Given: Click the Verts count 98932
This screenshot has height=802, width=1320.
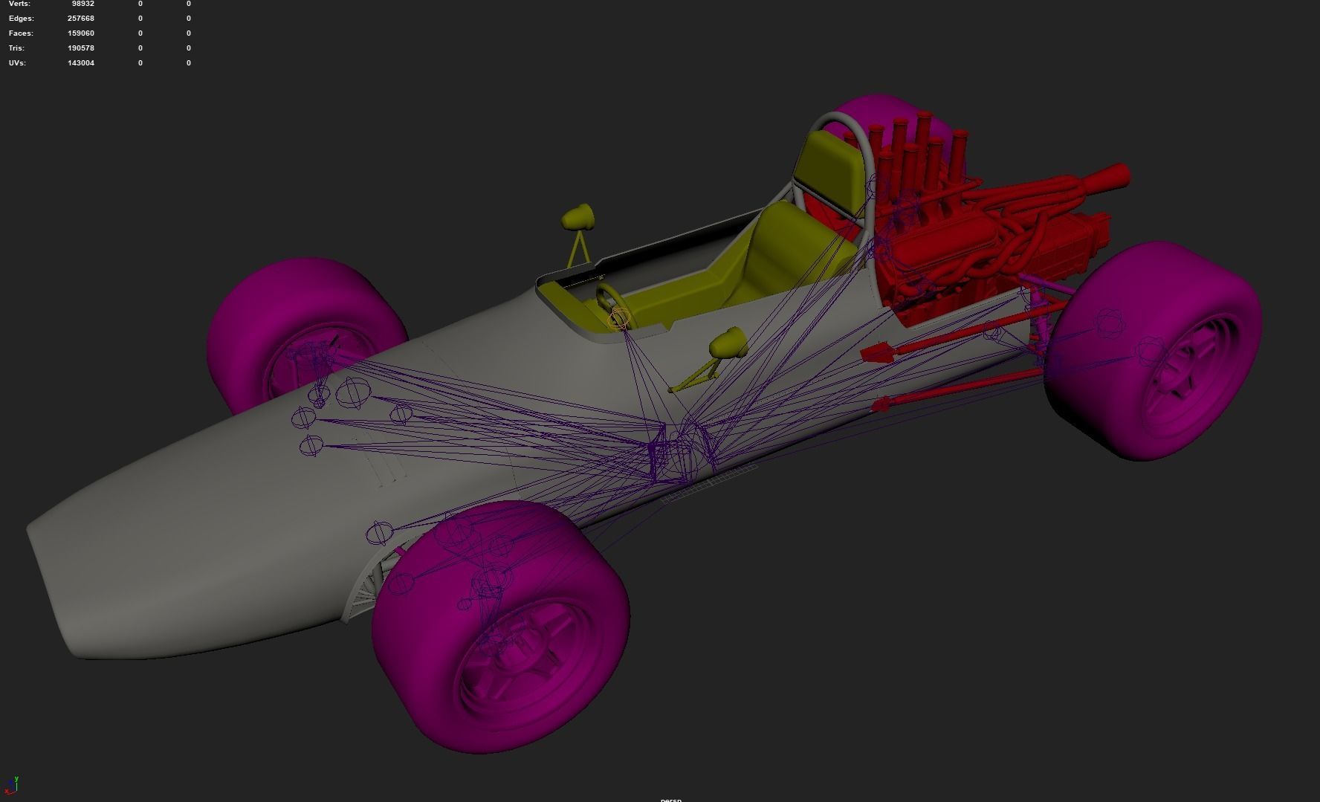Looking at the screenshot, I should pyautogui.click(x=82, y=4).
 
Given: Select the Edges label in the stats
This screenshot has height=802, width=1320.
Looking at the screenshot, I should pyautogui.click(x=21, y=19).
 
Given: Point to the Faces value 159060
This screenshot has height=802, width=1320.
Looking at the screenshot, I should pyautogui.click(x=80, y=33).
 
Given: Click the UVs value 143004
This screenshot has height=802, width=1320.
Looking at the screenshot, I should pyautogui.click(x=80, y=63).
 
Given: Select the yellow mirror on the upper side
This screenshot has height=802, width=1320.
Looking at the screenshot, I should pyautogui.click(x=577, y=217).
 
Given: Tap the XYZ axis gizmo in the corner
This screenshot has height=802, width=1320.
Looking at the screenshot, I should pyautogui.click(x=13, y=784).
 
